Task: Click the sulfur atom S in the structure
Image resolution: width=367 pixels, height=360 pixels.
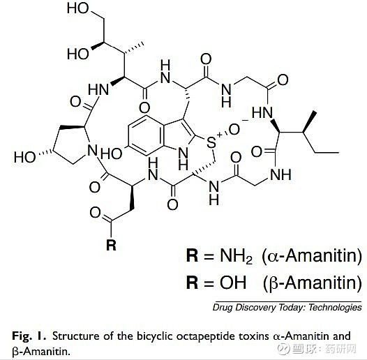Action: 211,142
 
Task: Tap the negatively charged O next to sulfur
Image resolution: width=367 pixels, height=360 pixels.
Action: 234,130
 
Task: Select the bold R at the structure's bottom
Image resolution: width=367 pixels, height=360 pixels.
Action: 111,245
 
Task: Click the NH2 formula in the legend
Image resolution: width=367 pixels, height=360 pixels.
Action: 236,256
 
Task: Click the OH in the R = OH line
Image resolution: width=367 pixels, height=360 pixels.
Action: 232,283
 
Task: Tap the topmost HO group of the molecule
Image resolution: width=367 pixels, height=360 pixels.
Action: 78,8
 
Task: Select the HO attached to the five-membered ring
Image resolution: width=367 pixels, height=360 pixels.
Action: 24,157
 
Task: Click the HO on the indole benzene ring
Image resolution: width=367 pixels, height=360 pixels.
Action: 111,153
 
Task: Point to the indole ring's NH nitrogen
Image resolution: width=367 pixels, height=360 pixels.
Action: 183,158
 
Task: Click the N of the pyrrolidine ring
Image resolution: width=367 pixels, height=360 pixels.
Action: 92,149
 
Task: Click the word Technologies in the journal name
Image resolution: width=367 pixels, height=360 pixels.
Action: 335,308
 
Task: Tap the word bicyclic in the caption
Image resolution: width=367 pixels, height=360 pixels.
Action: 155,336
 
